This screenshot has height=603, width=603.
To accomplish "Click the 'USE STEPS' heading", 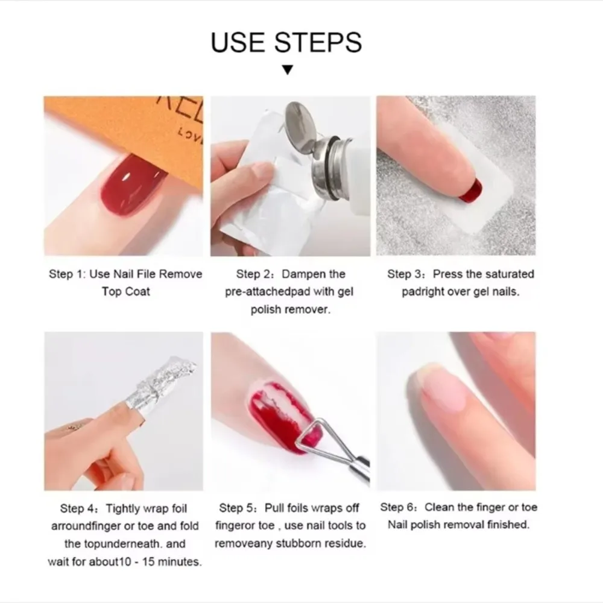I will coord(286,42).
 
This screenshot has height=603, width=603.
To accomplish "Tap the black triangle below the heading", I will coord(288,71).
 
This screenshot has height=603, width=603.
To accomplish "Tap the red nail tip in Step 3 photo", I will coord(470,192).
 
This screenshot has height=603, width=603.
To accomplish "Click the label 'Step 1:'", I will coord(68,274).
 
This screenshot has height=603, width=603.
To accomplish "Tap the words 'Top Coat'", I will coord(126,291).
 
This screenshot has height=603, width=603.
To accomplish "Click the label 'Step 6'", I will coord(398,508).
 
